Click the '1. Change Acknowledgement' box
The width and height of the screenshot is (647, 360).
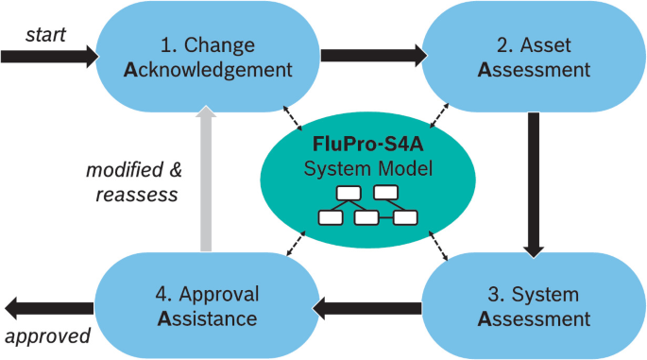[x=207, y=57]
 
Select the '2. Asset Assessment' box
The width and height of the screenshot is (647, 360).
[x=534, y=57]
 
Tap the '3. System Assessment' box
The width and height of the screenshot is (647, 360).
[x=534, y=304]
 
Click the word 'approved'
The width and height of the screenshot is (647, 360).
[x=47, y=335]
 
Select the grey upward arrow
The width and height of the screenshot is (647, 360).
[x=206, y=180]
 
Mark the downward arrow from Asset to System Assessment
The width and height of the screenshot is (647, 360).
[x=535, y=183]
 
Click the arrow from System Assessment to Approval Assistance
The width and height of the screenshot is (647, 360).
[x=367, y=305]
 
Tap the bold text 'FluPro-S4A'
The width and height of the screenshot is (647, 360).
[x=368, y=147]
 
